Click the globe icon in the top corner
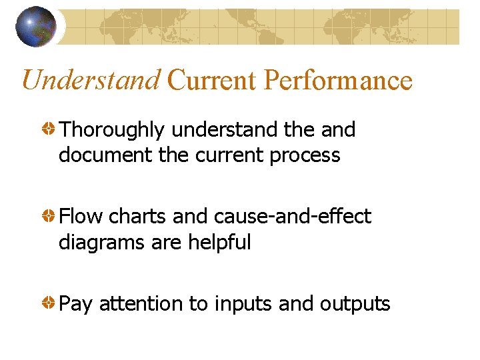[x=37, y=27]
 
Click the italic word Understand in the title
[x=91, y=80]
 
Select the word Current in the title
[x=212, y=80]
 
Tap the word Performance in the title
[x=338, y=80]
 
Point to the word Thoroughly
[x=111, y=130]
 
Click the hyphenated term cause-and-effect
[x=293, y=217]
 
